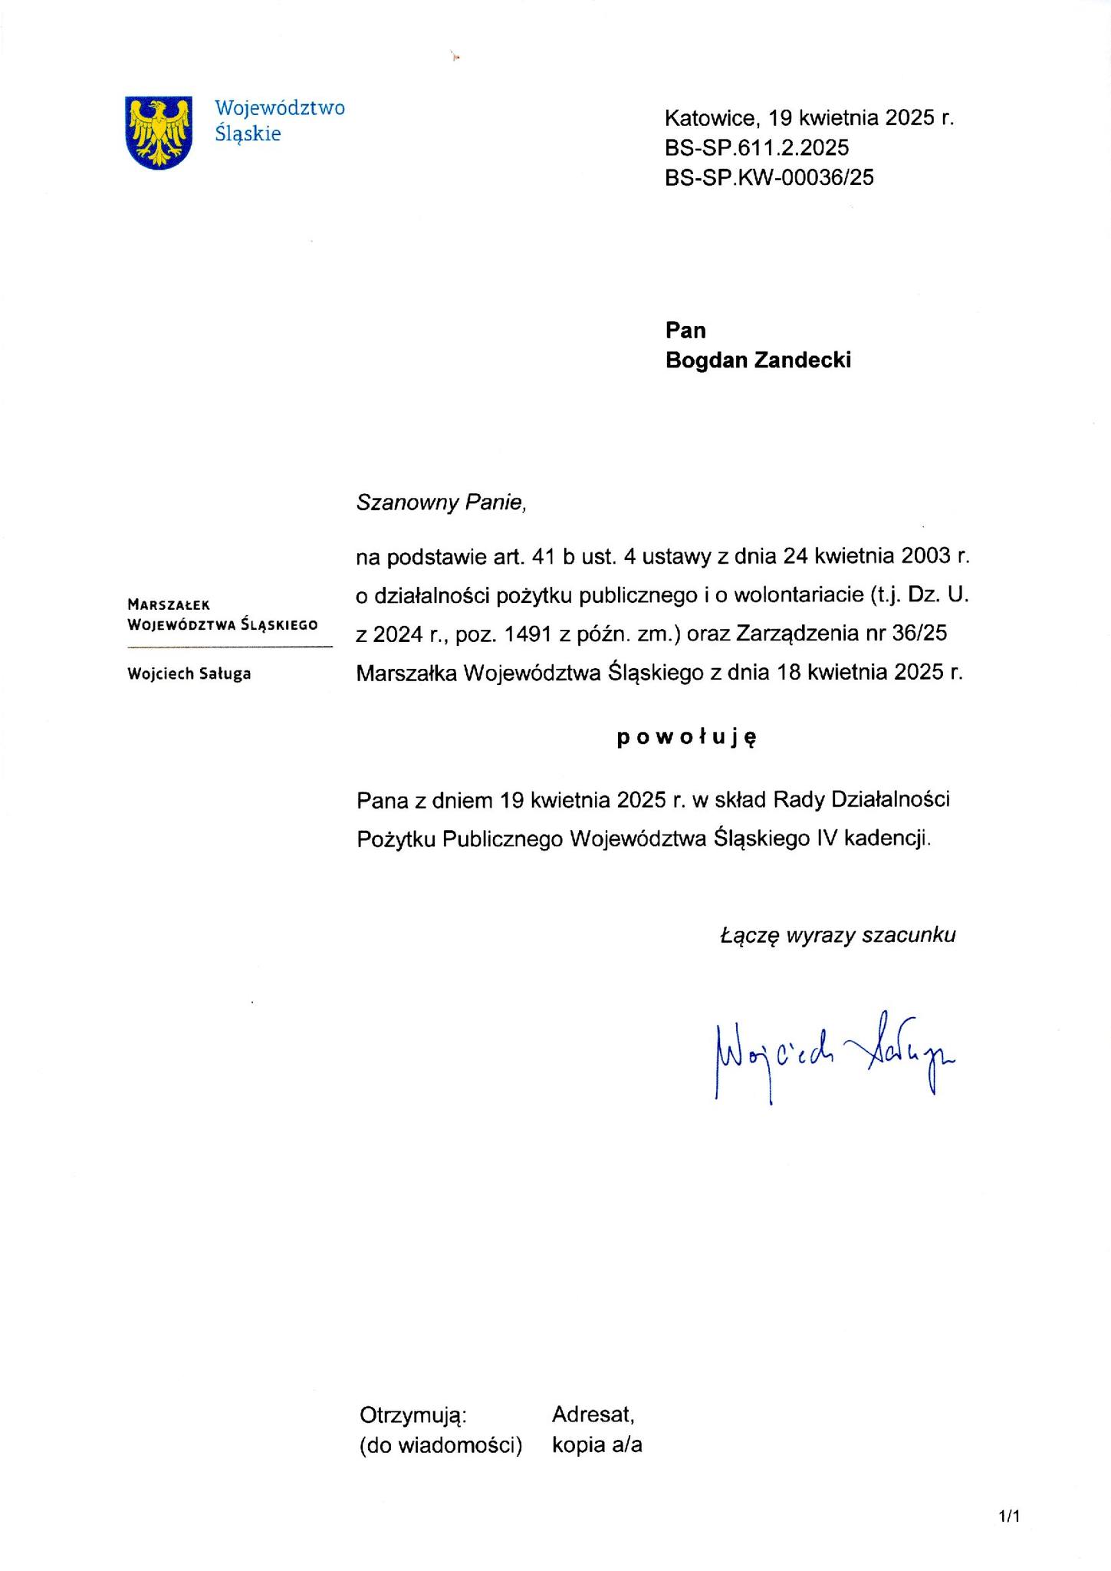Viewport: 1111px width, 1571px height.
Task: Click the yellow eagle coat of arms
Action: tap(158, 132)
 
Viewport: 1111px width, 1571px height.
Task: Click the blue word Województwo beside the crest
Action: tap(279, 107)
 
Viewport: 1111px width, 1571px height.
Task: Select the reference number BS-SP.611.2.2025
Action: tap(757, 147)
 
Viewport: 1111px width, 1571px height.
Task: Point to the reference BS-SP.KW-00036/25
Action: tap(769, 177)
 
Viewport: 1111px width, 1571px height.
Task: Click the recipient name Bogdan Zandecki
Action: tap(758, 360)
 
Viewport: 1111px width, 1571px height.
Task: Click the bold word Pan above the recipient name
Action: tap(685, 330)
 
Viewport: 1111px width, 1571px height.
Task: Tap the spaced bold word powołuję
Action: tap(687, 737)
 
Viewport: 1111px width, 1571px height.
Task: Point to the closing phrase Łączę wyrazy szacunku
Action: tap(838, 935)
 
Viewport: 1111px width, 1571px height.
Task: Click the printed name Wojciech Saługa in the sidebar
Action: tap(189, 674)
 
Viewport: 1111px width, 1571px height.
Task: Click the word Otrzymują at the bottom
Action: tap(413, 1415)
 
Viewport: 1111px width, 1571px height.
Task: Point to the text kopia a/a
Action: tap(597, 1445)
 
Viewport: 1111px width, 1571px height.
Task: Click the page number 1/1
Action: tap(1009, 1517)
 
